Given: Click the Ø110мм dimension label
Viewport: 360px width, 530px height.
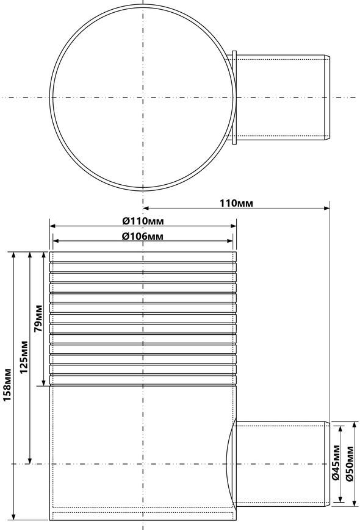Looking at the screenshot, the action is tap(143, 221).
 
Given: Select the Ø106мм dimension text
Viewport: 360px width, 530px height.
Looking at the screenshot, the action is tap(143, 236).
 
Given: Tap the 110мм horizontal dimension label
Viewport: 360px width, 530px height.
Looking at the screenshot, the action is tap(236, 203).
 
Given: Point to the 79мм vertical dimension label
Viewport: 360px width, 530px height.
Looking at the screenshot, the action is tap(38, 318).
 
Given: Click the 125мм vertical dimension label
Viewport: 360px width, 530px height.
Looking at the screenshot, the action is tap(24, 357).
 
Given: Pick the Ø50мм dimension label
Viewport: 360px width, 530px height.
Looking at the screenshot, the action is tap(350, 464).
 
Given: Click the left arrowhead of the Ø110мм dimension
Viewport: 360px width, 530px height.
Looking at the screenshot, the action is tap(52, 226).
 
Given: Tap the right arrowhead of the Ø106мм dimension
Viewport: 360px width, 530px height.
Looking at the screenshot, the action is tap(230, 241).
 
